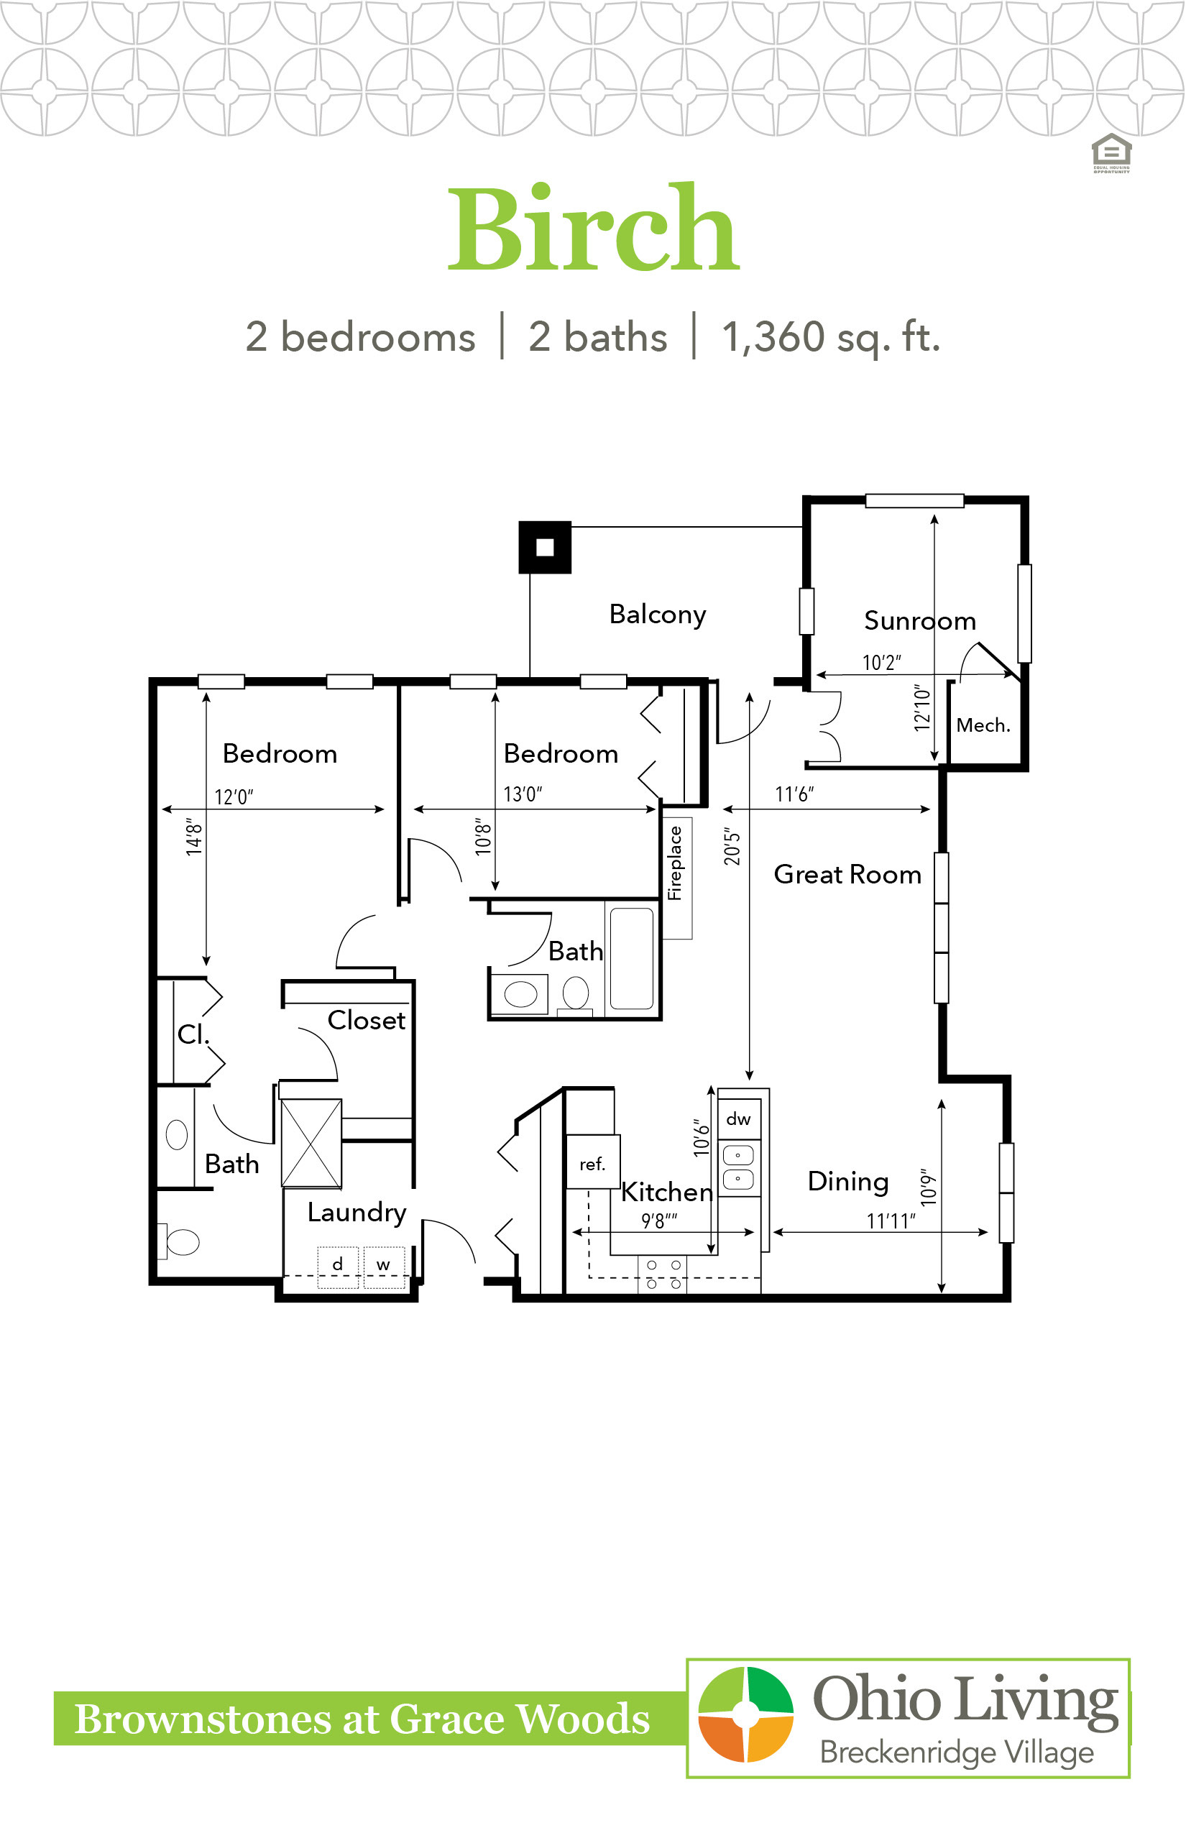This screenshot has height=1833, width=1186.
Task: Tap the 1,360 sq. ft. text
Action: [831, 337]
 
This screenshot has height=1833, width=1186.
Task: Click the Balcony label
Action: [658, 615]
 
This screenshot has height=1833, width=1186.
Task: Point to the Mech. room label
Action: [983, 725]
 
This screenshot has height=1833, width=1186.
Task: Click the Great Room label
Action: [847, 874]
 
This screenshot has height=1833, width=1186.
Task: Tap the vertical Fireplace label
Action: [675, 863]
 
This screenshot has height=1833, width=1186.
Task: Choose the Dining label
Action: [848, 1182]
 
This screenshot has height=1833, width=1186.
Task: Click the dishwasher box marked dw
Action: [739, 1118]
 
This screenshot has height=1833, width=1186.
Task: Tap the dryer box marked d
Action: [338, 1267]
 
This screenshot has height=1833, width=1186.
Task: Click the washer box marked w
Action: [384, 1267]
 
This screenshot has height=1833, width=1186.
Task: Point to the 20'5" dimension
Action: [732, 847]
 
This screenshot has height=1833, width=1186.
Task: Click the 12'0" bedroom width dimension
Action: [234, 796]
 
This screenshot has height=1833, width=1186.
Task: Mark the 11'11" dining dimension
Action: [891, 1221]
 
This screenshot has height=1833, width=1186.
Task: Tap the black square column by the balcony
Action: [545, 548]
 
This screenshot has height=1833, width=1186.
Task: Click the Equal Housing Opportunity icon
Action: [1111, 152]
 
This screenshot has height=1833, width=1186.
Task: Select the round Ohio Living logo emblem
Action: [745, 1714]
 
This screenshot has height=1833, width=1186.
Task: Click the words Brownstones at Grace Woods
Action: [362, 1718]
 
